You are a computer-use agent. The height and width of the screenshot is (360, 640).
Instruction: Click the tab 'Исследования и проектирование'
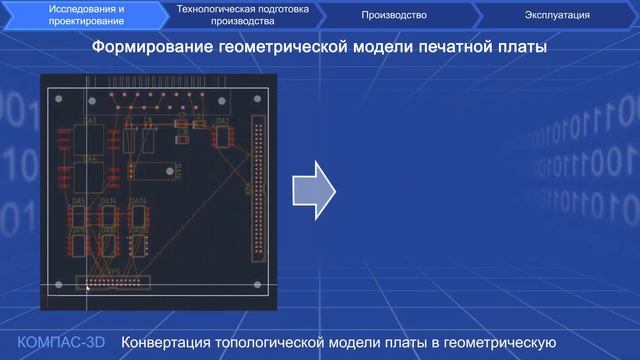click(88, 14)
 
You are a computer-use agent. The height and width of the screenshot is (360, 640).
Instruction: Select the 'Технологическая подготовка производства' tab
click(243, 14)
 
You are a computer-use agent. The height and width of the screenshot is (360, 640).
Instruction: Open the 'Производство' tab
click(394, 15)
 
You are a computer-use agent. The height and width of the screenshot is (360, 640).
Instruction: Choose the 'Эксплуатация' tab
click(556, 15)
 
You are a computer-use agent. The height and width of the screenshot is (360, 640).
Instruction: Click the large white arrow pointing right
click(311, 187)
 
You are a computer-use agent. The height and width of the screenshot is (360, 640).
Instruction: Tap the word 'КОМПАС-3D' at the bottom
click(61, 342)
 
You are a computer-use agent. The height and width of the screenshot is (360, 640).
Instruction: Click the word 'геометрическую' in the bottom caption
click(499, 343)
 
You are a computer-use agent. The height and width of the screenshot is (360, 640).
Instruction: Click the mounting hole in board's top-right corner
click(261, 97)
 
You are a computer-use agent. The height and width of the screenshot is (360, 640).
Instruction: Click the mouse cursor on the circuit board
click(87, 288)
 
